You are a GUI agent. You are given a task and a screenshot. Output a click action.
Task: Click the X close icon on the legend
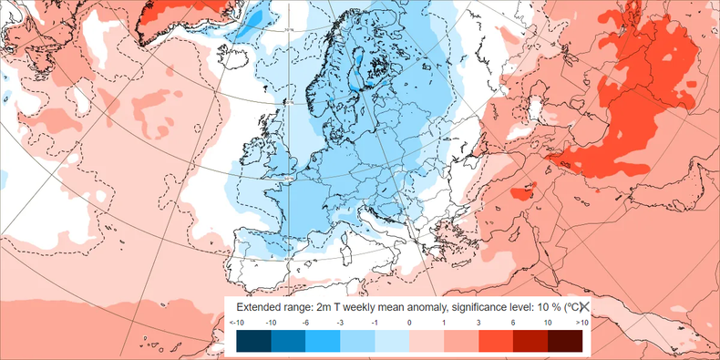point(584,308)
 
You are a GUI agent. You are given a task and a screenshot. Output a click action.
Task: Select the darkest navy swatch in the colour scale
point(252,341)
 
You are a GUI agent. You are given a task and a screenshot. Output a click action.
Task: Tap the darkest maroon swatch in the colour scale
point(564,341)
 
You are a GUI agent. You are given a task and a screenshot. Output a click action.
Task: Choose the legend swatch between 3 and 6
point(495,341)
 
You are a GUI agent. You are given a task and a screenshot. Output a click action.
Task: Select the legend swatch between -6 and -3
point(322,341)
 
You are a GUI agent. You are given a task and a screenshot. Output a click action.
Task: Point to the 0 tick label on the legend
point(408,323)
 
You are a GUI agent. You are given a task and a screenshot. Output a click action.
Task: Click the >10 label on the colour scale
point(582,323)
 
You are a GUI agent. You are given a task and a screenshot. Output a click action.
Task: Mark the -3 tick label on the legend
point(339,323)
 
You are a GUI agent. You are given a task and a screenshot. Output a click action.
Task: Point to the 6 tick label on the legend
point(512,323)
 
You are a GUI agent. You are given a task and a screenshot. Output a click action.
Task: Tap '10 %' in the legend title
point(535,308)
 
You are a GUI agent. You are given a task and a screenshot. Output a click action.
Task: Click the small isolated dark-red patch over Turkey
point(521,193)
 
